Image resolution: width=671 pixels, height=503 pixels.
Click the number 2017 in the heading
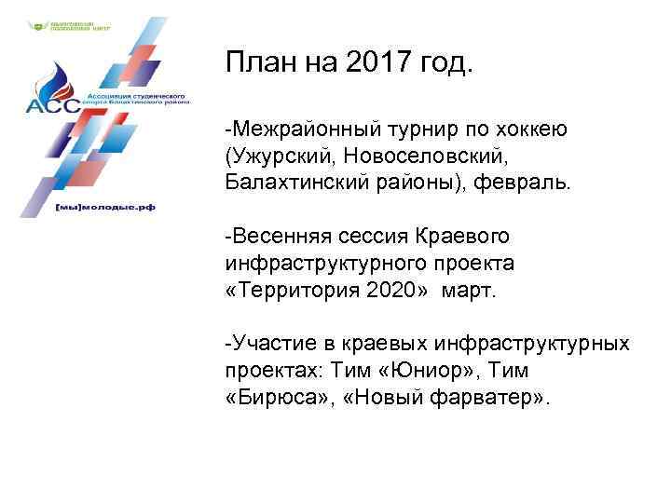(x=382, y=64)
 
